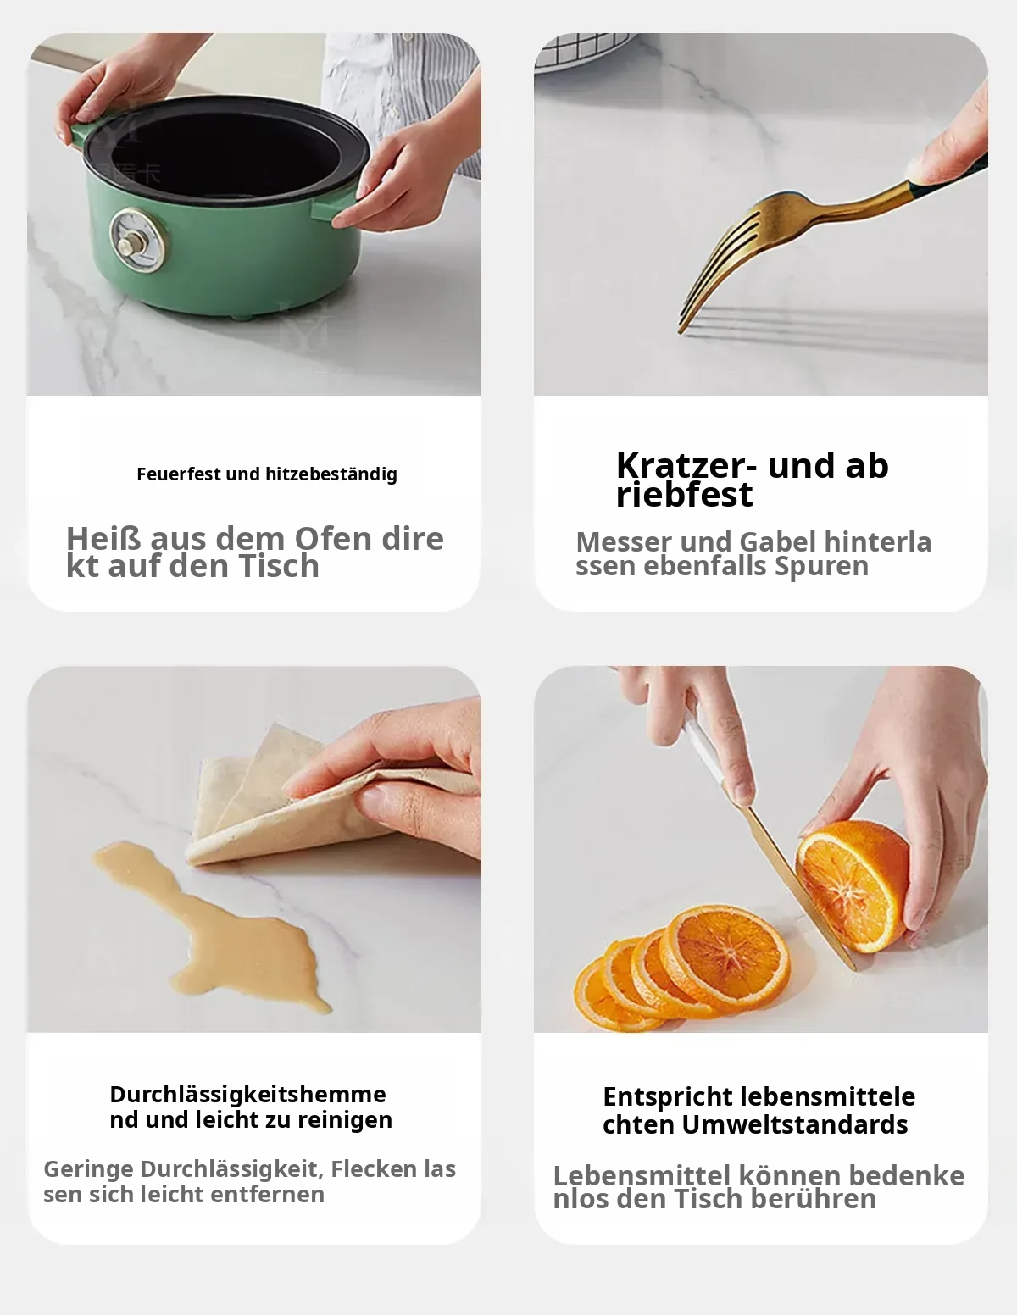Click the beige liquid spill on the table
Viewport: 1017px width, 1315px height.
click(211, 924)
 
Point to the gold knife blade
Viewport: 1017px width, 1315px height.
click(797, 886)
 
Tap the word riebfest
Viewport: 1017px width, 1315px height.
click(684, 495)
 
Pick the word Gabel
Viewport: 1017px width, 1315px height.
click(778, 542)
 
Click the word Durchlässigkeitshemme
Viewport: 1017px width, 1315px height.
click(248, 1095)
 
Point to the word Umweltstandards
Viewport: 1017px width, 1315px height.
click(794, 1125)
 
